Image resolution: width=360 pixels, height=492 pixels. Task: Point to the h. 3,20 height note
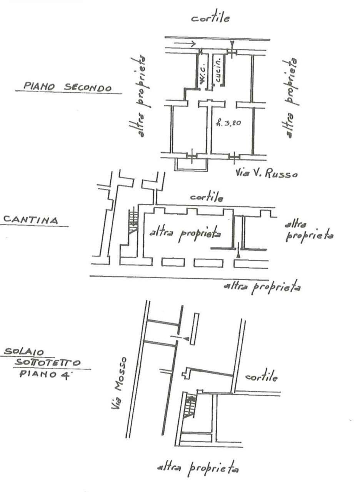(x=228, y=122)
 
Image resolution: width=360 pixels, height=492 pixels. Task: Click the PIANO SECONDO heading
(x=67, y=87)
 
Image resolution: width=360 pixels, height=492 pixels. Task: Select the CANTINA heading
(x=31, y=220)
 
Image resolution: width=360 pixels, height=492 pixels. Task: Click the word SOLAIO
(x=24, y=352)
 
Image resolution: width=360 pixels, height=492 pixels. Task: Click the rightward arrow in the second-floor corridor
(x=185, y=43)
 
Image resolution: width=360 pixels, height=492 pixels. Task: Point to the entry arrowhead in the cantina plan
(x=238, y=254)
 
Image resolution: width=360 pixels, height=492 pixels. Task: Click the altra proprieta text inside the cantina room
(x=185, y=234)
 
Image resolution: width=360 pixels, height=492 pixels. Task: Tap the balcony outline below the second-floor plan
(x=191, y=170)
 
